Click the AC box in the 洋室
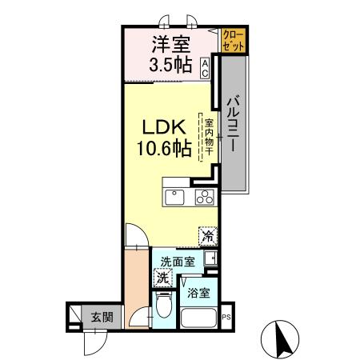tap(206, 69)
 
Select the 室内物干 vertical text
tap(208, 137)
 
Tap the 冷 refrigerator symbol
tap(207, 237)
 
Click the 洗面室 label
tap(177, 262)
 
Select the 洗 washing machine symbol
tap(163, 279)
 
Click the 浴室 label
tap(199, 293)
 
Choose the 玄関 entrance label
tap(102, 317)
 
